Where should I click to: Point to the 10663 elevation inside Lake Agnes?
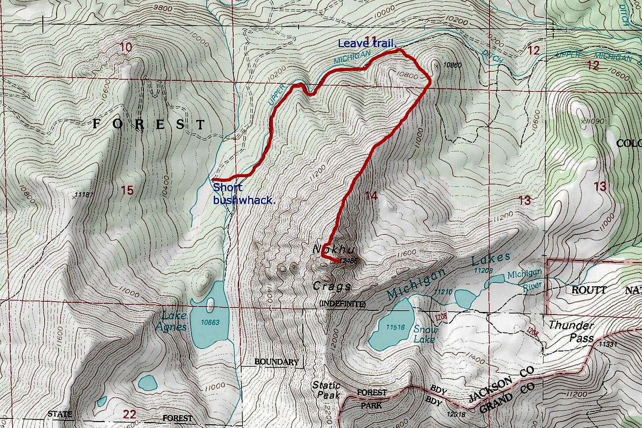coord(210,323)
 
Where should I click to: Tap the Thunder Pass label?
coord(571,332)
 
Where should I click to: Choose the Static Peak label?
coord(326,389)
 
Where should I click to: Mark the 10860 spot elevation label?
coord(453,65)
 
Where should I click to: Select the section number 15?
coord(127,190)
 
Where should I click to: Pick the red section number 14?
coord(371,196)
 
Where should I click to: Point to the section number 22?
coord(129,414)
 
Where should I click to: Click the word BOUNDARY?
coord(276,362)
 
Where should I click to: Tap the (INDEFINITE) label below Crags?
coord(342,304)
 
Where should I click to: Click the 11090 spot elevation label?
coord(593,121)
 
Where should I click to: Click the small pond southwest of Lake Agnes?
coord(147,382)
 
